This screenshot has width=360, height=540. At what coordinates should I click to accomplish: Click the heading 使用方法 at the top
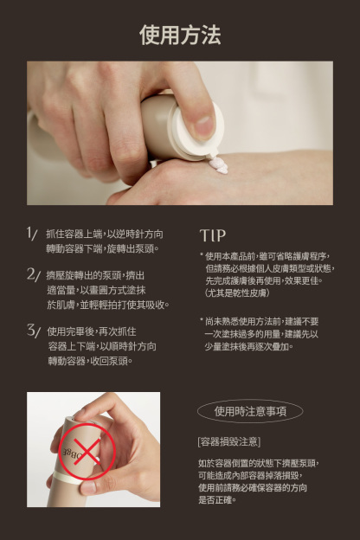point(180,35)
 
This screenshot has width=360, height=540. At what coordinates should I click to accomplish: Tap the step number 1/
point(32,234)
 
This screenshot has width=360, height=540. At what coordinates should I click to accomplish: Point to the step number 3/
point(34,331)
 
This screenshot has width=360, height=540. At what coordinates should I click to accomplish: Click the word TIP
point(213,235)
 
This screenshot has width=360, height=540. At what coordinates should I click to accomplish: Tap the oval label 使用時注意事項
point(250,411)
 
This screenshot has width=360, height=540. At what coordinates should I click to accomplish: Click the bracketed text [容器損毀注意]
point(229,442)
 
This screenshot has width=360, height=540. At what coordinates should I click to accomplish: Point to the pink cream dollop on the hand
point(219,165)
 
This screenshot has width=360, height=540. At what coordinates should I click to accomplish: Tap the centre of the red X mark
point(87,452)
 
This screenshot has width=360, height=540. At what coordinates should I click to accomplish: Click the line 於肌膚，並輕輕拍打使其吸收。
point(108,305)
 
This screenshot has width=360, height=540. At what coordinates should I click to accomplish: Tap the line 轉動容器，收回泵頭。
point(90,361)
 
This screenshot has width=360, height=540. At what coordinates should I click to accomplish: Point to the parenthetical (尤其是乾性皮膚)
point(237,293)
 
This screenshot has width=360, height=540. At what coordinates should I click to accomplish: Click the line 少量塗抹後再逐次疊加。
point(248,346)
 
